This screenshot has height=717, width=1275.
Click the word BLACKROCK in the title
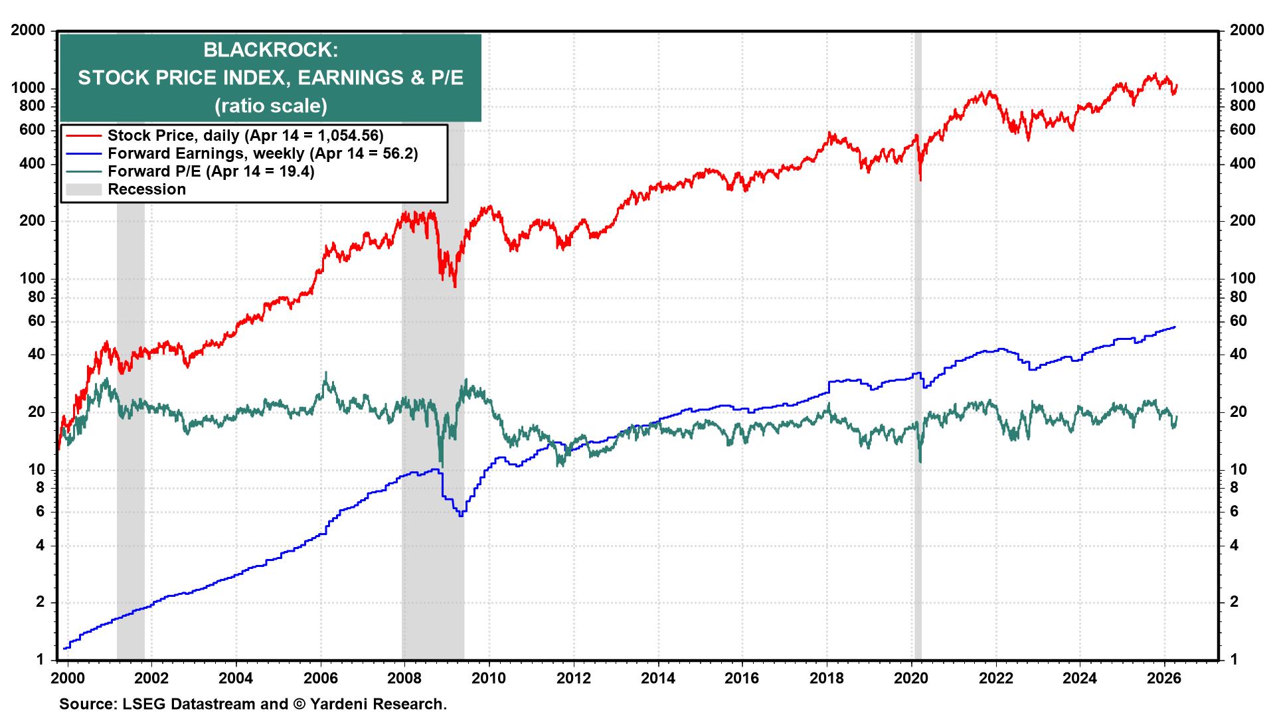(x=270, y=50)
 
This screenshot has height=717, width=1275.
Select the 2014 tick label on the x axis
(x=658, y=679)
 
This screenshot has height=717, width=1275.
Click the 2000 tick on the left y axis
(x=27, y=31)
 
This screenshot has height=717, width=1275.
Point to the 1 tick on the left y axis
(x=40, y=660)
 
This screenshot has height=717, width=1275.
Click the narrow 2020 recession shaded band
(x=918, y=398)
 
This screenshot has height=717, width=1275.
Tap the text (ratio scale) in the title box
(x=270, y=106)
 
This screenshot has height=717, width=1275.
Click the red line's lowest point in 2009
(x=455, y=286)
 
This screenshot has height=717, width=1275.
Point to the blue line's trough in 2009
(x=461, y=515)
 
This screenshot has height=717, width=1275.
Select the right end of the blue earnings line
(x=1175, y=327)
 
